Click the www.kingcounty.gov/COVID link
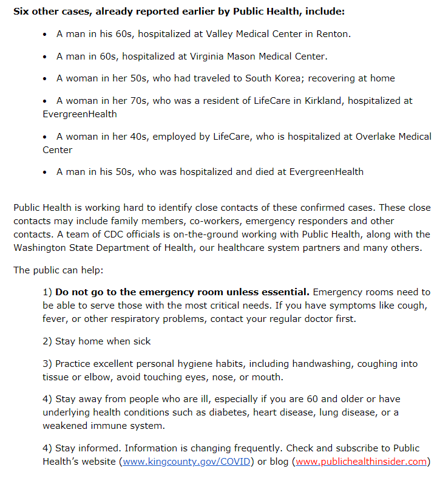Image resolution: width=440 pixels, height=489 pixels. coord(187,462)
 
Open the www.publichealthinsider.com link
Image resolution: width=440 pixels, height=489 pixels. coord(361,462)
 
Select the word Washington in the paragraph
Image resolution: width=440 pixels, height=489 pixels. coord(39,248)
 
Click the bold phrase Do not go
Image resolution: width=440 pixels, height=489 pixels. coord(82,292)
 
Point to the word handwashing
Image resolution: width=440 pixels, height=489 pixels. coord(321,364)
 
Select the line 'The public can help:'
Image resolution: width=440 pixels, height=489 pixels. coord(53,270)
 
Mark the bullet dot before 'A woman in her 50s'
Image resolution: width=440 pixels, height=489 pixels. coord(46,79)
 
